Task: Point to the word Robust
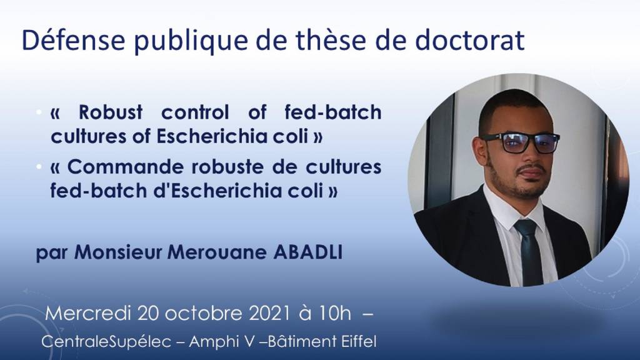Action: (x=110, y=112)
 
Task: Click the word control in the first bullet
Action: (x=196, y=112)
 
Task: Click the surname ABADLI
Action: (x=307, y=252)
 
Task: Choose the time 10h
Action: (x=335, y=314)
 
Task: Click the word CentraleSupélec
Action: (x=106, y=342)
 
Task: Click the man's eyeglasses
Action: (x=519, y=143)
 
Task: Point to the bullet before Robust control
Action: (x=39, y=112)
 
